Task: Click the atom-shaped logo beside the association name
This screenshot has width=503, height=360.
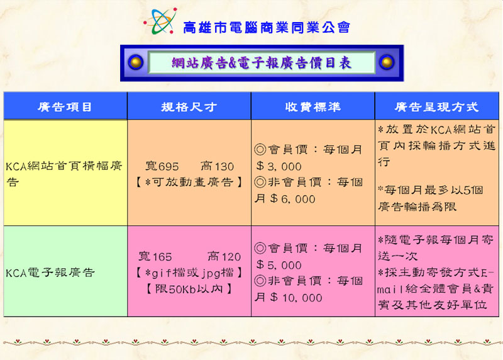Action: [160, 21]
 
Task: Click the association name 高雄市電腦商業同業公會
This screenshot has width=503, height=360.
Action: [266, 28]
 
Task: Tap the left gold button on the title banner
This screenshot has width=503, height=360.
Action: [136, 62]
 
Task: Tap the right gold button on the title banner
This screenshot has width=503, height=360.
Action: [387, 62]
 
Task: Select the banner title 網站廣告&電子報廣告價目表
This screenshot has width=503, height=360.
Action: [262, 63]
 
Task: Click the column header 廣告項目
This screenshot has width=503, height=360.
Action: [65, 106]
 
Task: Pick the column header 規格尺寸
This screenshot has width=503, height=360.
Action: [189, 106]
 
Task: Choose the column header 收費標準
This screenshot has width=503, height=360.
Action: [312, 106]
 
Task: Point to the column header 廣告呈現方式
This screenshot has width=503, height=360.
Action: [436, 106]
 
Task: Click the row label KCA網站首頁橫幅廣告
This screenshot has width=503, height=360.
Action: [64, 174]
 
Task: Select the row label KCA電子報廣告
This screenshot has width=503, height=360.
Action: [50, 273]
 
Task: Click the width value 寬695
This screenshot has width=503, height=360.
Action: [162, 166]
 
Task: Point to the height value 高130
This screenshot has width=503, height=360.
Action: [217, 166]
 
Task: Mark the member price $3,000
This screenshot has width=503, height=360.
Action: [279, 166]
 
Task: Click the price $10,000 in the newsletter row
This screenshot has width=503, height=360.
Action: [296, 297]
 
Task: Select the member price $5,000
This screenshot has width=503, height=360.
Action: [279, 264]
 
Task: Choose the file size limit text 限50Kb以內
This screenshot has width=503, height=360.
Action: [189, 289]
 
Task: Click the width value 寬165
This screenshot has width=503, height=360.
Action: [155, 256]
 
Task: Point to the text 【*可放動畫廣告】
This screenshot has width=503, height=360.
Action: [189, 182]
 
